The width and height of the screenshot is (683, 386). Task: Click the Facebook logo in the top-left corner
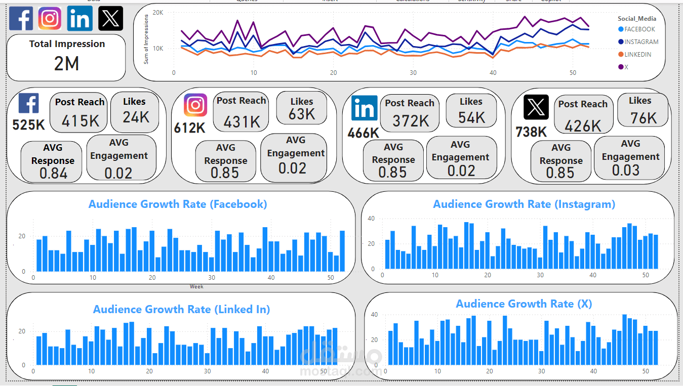point(21,19)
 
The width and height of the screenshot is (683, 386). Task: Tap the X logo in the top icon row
point(110,19)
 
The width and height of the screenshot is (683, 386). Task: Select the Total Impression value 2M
point(66,64)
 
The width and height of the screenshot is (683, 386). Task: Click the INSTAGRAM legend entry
point(641,42)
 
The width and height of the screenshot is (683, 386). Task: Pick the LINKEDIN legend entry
point(637,55)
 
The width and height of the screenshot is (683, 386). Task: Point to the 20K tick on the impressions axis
point(158,13)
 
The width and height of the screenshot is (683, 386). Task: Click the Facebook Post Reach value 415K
point(80,121)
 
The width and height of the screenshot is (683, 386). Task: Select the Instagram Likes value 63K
point(302,114)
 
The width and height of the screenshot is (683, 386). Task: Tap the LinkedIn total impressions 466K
point(363,133)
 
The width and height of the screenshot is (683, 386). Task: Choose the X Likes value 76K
point(643,118)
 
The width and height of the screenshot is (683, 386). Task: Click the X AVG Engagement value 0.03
point(626,170)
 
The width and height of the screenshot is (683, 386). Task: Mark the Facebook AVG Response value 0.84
point(53,174)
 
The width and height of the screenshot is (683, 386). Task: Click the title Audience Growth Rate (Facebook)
point(178,204)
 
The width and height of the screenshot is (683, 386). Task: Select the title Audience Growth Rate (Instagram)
point(524,204)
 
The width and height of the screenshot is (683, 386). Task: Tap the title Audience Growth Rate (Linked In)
point(181,310)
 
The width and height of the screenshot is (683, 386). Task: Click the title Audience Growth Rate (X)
point(524,304)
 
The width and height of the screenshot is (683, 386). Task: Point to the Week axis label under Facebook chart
point(196,287)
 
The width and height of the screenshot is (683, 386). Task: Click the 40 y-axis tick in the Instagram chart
point(371,219)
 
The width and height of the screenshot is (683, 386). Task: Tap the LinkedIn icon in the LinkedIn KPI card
point(365,108)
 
